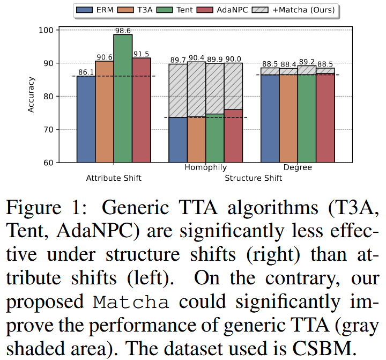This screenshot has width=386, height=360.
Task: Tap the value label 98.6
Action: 123,30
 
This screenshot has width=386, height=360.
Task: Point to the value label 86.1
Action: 86,71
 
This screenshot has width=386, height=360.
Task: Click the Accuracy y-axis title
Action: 32,96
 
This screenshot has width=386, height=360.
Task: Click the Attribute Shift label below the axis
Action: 114,178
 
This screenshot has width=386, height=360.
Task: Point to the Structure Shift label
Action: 253,178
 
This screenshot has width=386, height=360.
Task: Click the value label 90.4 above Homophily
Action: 196,58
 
